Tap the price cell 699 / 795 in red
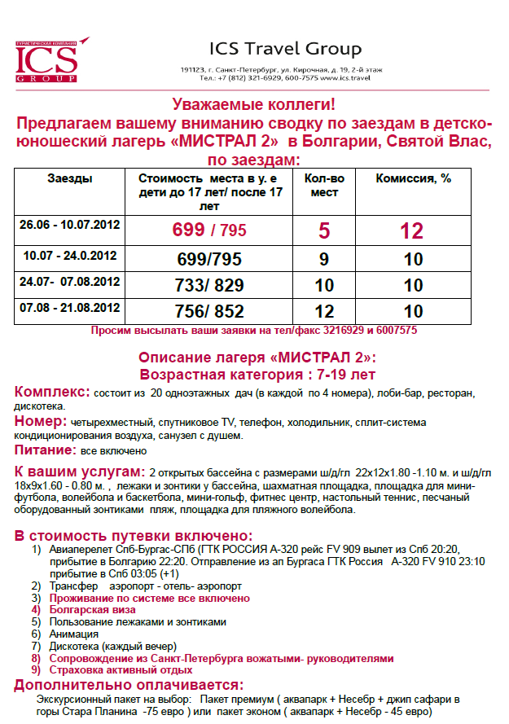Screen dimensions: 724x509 pos(208,230)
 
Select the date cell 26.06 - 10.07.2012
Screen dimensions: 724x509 pos(69,225)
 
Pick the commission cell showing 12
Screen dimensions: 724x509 pos(412,230)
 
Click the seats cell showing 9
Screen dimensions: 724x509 pos(324,260)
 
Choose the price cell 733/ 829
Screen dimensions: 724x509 pos(208,286)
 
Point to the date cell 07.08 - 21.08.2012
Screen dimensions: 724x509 pos(69,308)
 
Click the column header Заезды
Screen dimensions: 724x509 pos(69,178)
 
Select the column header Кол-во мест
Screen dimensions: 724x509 pos(324,185)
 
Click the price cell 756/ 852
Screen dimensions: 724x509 pos(208,312)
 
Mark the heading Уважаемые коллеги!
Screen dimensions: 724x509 pos(254,105)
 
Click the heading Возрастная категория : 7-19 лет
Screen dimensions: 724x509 pos(257,375)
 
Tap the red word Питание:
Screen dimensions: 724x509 pos(46,450)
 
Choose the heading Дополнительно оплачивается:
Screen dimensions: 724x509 pos(128,685)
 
